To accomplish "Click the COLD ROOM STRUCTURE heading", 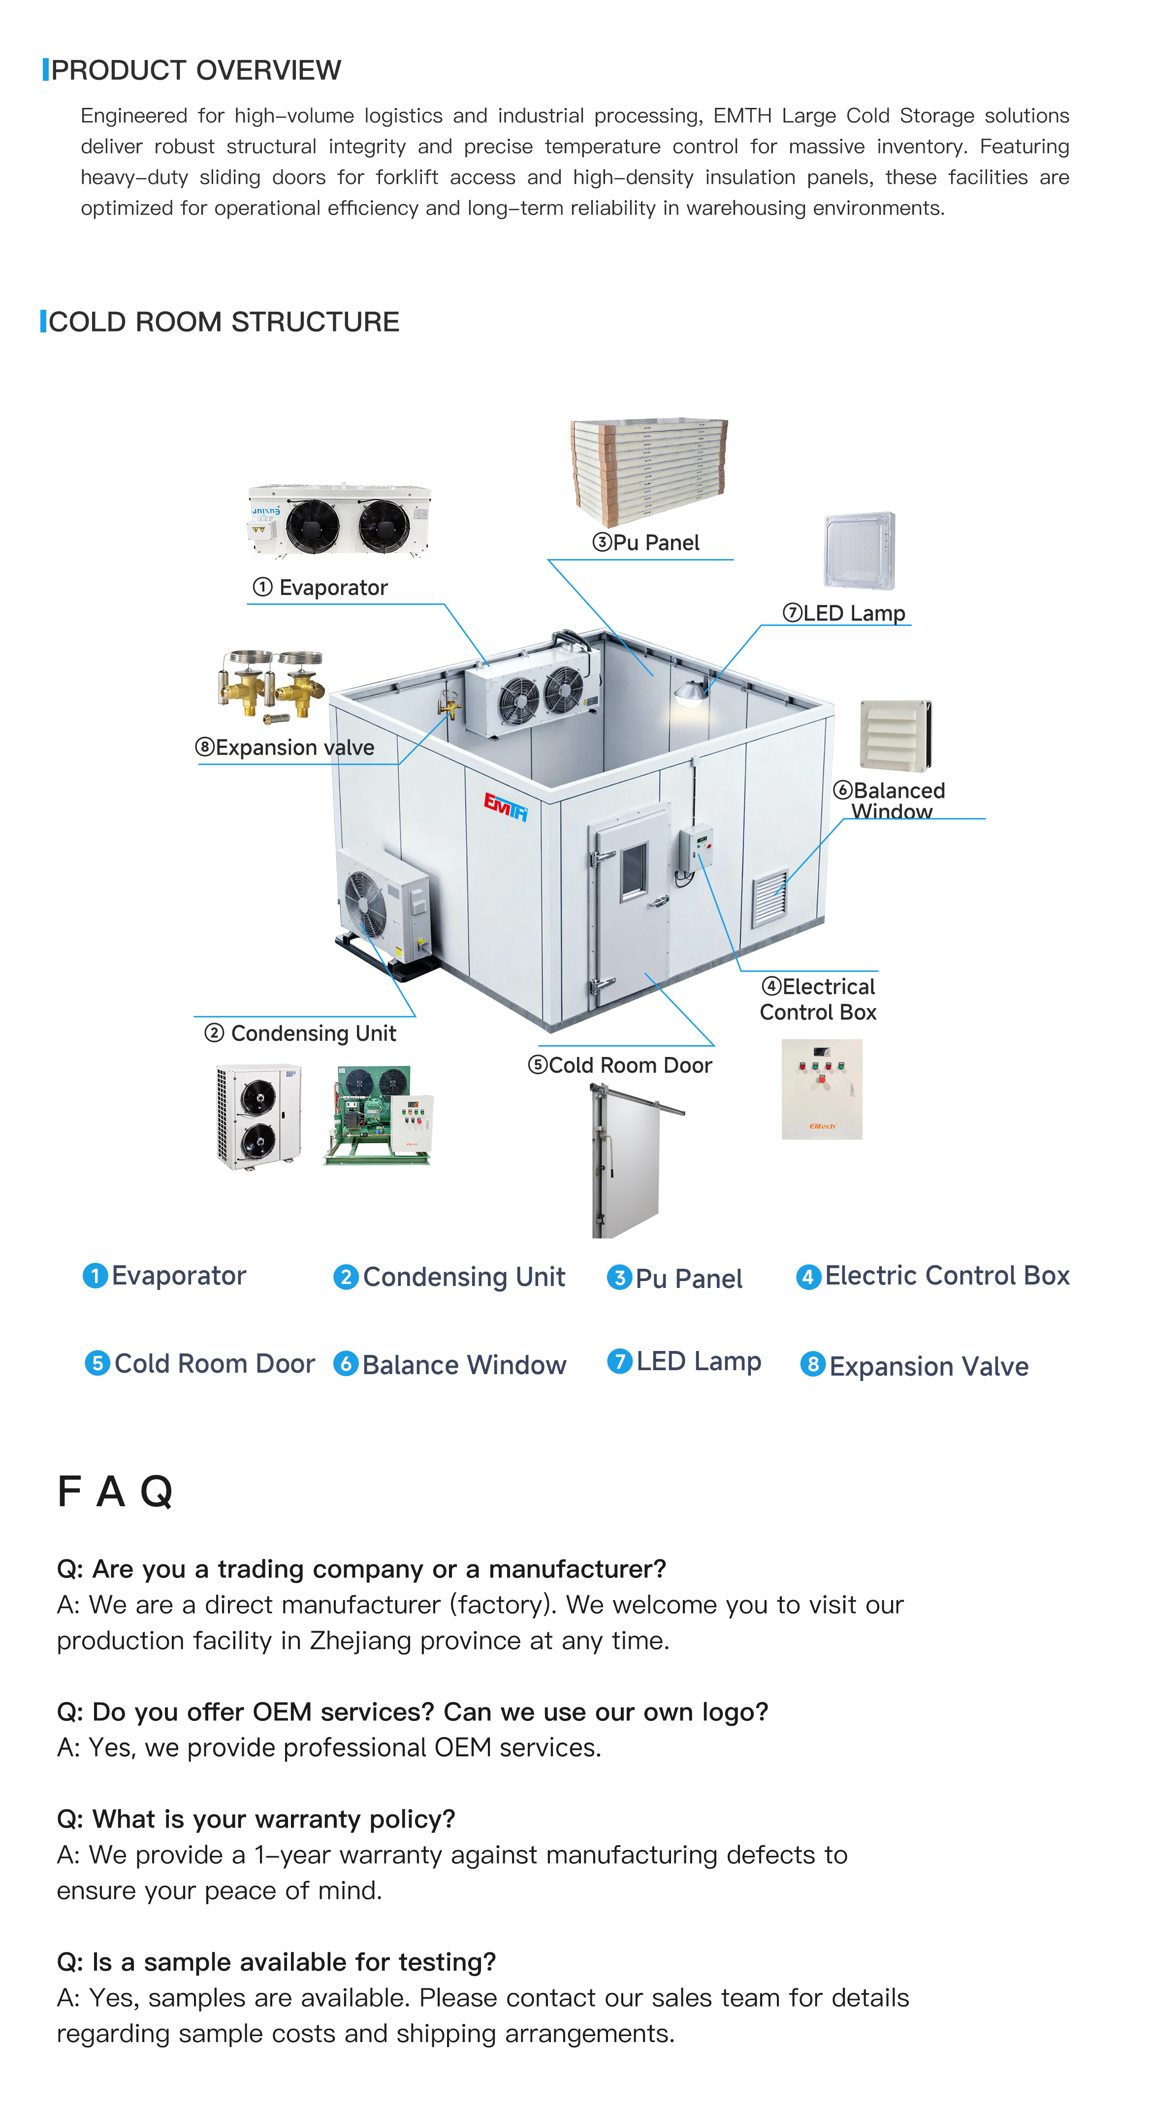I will [x=223, y=322].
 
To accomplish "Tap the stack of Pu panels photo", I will [x=648, y=471].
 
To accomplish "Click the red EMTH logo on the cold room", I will [x=505, y=806].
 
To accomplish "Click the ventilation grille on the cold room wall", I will [x=769, y=898].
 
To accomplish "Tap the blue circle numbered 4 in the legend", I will [x=808, y=1277].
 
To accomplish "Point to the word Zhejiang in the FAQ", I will [x=360, y=1641].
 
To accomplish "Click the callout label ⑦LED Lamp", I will [x=845, y=614].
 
